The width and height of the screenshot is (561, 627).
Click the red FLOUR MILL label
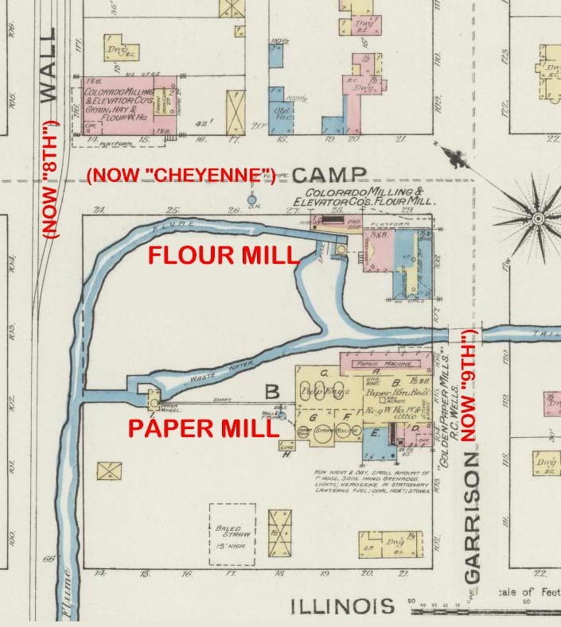point(224,257)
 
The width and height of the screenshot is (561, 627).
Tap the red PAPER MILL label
point(203,428)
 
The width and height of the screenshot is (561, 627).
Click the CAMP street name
point(329,176)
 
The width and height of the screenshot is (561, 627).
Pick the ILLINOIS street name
point(342,606)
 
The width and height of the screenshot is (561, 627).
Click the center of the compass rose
point(538,217)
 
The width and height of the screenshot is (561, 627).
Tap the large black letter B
point(272,392)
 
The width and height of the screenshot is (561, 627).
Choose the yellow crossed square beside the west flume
point(108,471)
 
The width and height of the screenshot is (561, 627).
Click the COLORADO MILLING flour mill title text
point(365,197)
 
